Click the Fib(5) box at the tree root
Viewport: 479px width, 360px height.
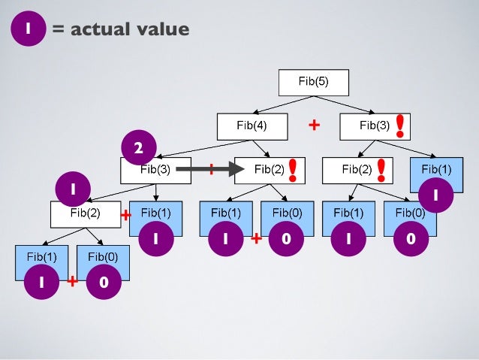314,82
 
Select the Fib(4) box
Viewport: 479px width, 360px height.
252,126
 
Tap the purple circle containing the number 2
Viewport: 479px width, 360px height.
138,149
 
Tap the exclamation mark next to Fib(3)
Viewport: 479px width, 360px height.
401,126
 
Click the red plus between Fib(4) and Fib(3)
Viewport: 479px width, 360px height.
315,126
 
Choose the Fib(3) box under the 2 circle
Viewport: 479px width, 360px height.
155,170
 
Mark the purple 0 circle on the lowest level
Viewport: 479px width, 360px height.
103,283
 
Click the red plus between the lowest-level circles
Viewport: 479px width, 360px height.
72,283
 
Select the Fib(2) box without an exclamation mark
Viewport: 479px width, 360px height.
85,213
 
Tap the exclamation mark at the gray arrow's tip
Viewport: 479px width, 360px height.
292,169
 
